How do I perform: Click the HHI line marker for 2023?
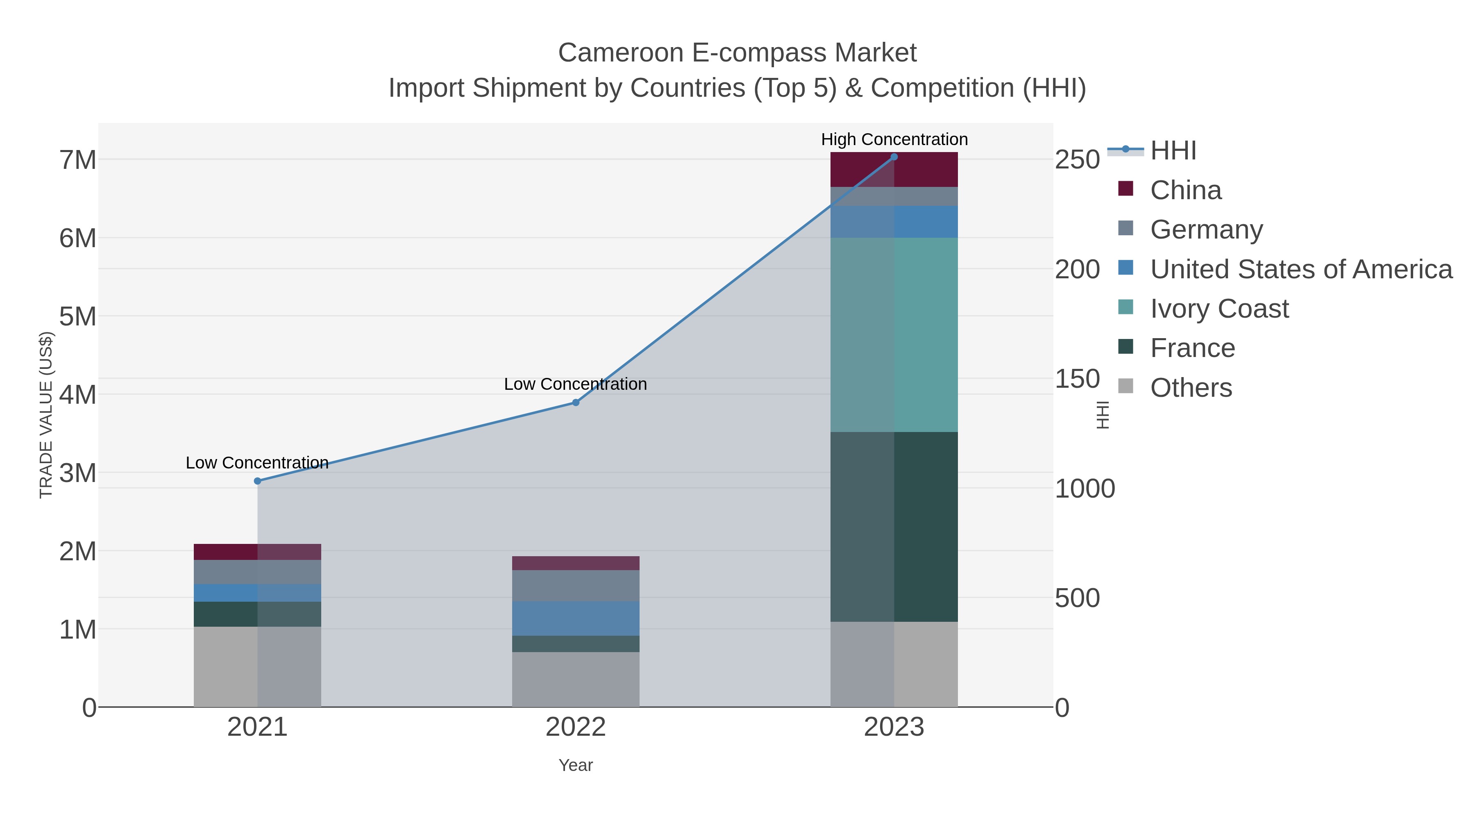[894, 157]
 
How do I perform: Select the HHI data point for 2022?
[576, 402]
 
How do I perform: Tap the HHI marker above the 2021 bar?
[257, 481]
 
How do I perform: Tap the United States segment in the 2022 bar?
[576, 618]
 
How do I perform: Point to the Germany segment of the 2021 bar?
[257, 572]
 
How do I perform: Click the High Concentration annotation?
[894, 139]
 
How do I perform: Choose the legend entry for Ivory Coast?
[1219, 309]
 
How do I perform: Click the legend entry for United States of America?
[1300, 269]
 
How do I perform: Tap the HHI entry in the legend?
[1173, 151]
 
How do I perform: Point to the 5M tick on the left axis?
[77, 316]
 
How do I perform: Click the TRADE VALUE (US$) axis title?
[46, 415]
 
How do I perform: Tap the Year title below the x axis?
[576, 765]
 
